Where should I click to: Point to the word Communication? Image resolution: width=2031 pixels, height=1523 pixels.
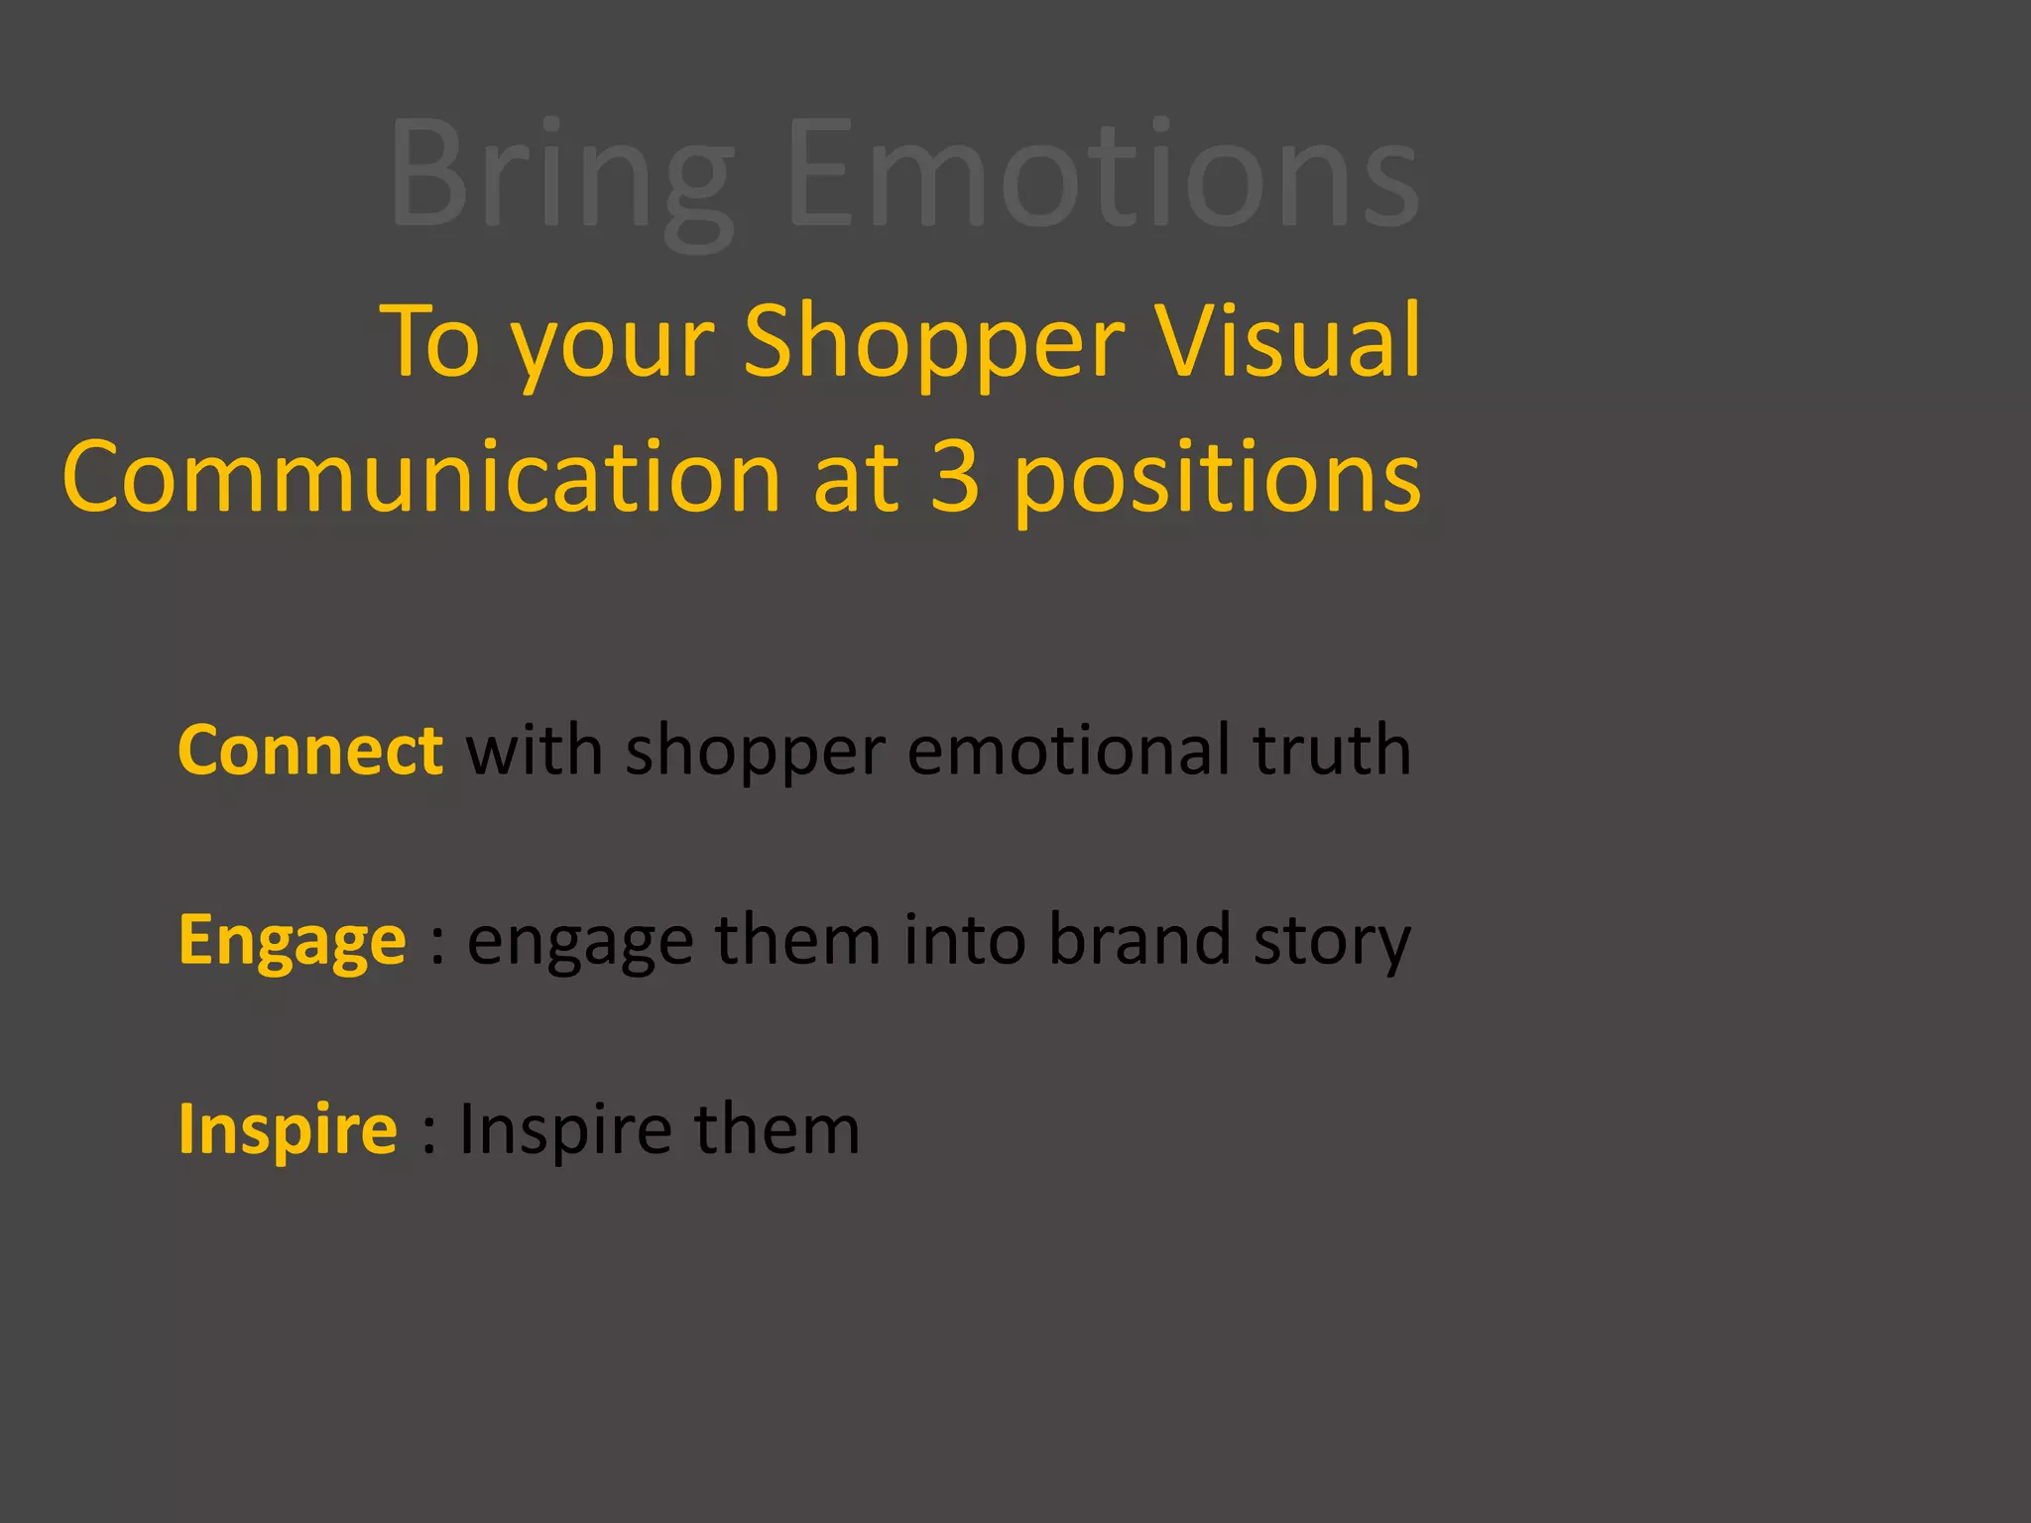(422, 477)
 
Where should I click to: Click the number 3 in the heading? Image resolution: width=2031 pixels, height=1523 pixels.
(955, 477)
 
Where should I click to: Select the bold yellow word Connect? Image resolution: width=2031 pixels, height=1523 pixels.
(310, 750)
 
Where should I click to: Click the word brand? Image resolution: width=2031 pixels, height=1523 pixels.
(1138, 939)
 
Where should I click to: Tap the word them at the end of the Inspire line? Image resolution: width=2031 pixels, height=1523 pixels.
(777, 1129)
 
